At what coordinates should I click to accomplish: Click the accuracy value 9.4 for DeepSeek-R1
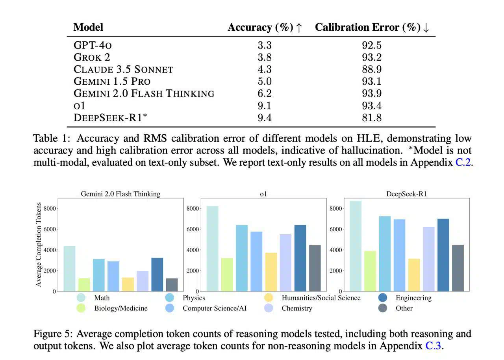[x=265, y=118]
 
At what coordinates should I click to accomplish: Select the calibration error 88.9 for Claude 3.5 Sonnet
[x=372, y=69]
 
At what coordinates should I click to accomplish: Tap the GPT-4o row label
[x=93, y=45]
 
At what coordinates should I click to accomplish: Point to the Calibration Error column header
[x=372, y=28]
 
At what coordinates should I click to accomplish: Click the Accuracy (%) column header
[x=265, y=28]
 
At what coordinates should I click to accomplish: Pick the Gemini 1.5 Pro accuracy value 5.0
[x=265, y=82]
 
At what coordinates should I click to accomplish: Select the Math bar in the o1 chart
[x=212, y=249]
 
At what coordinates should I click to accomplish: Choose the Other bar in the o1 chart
[x=315, y=268]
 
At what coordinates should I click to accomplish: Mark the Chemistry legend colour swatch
[x=269, y=308]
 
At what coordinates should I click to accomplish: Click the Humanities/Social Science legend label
[x=321, y=298]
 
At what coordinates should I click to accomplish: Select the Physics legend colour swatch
[x=170, y=298]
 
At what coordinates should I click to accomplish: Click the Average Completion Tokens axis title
[x=39, y=244]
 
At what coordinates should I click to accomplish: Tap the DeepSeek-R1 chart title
[x=407, y=194]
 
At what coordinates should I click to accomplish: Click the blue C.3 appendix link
[x=434, y=346]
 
